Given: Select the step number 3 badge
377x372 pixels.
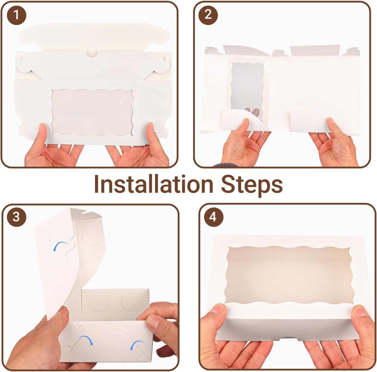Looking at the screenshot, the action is (16, 217).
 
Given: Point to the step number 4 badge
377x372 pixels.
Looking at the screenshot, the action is (213, 217).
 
